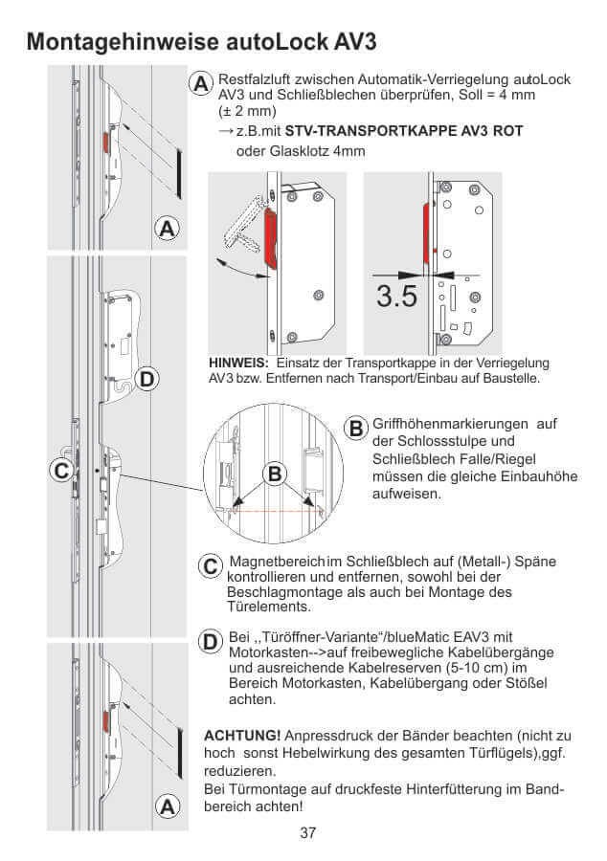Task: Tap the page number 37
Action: tap(307, 832)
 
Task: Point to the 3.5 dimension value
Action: tap(396, 296)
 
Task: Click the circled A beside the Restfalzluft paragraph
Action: tap(201, 84)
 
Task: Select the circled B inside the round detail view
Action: tap(275, 473)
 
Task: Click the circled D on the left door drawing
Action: tap(146, 380)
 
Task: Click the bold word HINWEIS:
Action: tap(239, 363)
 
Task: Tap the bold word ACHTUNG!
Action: tap(242, 735)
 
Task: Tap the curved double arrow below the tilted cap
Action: tap(239, 267)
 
